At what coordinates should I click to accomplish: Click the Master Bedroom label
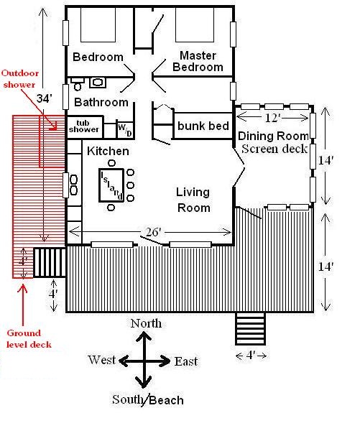198,62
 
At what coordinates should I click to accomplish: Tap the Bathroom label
101,102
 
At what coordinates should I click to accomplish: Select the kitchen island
111,185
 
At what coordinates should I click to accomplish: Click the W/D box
124,129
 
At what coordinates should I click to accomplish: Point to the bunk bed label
203,126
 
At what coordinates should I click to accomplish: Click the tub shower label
84,126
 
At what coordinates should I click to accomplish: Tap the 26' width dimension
154,232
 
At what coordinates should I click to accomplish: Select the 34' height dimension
45,98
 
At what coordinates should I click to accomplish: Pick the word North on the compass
146,323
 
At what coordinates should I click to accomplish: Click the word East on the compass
186,361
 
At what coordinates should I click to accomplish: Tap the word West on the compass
102,360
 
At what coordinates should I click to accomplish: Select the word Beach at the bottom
167,400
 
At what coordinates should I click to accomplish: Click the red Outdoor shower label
19,79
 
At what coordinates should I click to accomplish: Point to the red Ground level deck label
29,339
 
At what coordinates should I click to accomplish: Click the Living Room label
193,200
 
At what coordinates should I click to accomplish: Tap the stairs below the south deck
250,328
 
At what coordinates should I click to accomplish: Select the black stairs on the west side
50,262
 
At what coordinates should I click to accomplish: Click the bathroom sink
98,83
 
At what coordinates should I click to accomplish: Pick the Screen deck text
274,149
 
